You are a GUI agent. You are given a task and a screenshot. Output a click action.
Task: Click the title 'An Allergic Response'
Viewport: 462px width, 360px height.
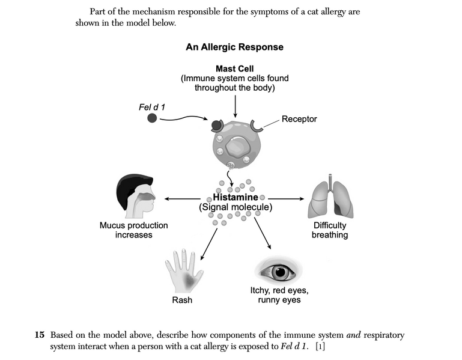(x=234, y=47)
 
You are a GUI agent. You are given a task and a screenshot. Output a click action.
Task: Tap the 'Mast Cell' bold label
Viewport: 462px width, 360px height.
(x=234, y=69)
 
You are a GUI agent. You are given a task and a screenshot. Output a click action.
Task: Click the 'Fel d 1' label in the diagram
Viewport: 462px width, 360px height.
(x=152, y=107)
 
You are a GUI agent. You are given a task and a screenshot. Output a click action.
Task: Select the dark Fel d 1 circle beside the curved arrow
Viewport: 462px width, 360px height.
(x=153, y=118)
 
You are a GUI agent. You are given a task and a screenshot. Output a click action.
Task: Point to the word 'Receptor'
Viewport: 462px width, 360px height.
(x=299, y=119)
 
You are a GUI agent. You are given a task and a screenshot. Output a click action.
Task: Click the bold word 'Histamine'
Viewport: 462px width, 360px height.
(x=235, y=197)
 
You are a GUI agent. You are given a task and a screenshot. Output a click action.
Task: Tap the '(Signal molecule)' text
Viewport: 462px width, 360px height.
(x=236, y=207)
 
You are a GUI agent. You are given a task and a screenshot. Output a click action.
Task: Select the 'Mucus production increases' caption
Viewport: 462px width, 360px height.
(x=133, y=230)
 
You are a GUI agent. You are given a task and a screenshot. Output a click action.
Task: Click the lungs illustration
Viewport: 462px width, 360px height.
(x=330, y=198)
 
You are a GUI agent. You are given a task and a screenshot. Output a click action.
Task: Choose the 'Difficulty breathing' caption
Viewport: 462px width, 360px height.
(x=329, y=230)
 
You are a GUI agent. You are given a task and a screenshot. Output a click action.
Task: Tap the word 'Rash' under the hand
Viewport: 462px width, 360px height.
(x=182, y=299)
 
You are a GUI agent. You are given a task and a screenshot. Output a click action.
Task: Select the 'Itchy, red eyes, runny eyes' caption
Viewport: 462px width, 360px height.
(x=279, y=295)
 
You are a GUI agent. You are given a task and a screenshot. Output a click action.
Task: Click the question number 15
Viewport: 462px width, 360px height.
(x=40, y=334)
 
